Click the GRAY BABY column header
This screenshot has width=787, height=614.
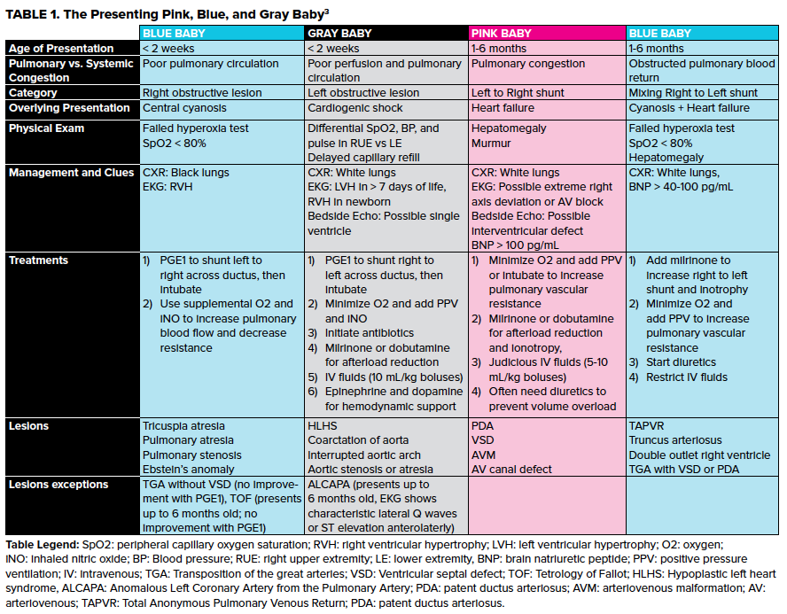tap(339, 34)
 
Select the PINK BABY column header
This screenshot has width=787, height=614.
tap(501, 34)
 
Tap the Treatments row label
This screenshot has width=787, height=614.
tap(38, 260)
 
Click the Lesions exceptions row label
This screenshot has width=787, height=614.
tap(58, 485)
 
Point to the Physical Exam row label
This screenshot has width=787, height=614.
tap(47, 128)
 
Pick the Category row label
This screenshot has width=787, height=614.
tap(33, 93)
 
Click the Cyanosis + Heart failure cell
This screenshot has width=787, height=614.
tap(689, 108)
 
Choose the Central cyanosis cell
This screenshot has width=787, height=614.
tap(184, 108)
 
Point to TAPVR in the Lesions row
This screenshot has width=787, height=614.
tap(646, 426)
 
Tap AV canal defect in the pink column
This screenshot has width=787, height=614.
tap(511, 469)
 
